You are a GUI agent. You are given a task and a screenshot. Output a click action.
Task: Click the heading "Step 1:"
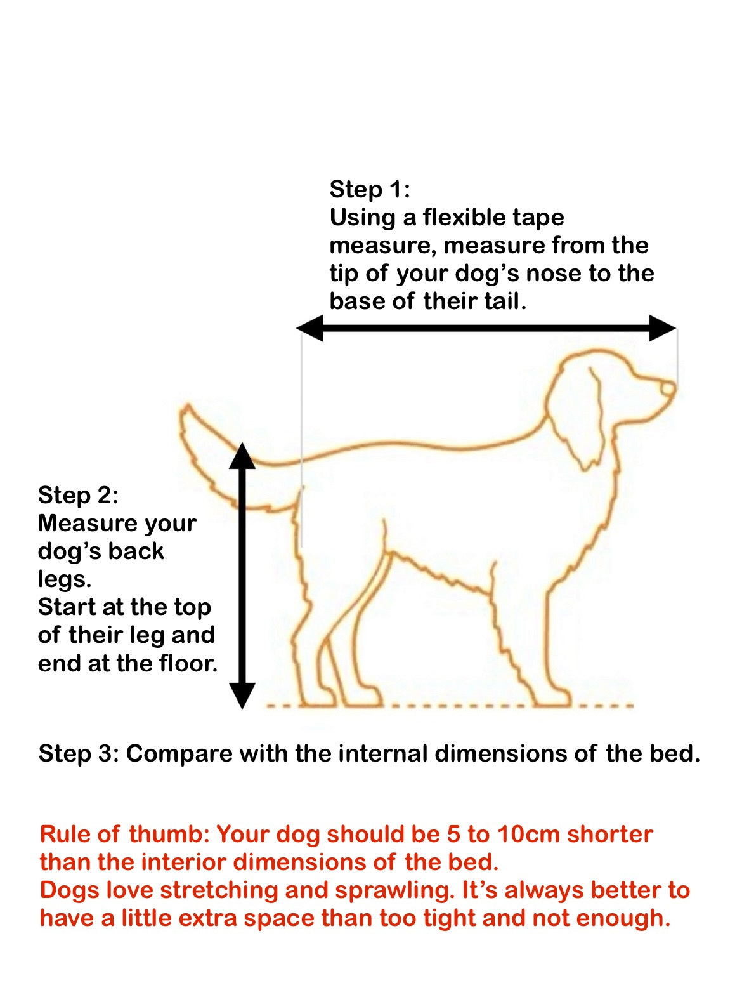tap(370, 189)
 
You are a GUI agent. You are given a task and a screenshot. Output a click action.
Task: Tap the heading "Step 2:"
tap(78, 495)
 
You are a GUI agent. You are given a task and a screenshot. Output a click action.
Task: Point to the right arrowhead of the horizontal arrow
tap(663, 328)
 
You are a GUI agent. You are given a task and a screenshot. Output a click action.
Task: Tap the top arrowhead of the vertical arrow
tap(242, 456)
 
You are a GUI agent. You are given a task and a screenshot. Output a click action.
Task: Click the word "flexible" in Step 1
tap(464, 217)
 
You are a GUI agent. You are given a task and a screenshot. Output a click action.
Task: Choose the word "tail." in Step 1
tap(505, 301)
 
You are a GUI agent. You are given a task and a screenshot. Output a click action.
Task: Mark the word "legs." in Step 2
tap(64, 579)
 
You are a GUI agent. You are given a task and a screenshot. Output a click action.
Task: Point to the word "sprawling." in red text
tap(394, 890)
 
